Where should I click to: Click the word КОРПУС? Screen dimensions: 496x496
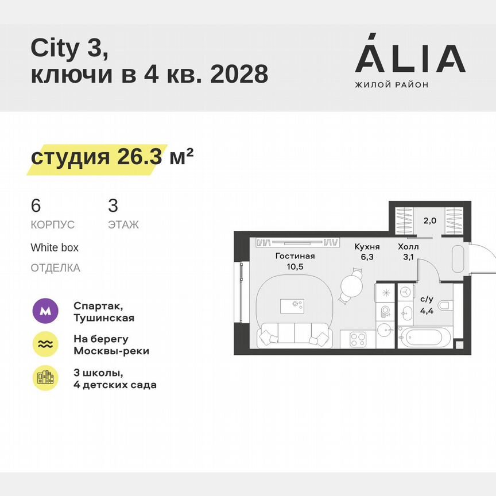click(x=53, y=225)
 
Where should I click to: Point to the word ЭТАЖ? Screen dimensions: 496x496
click(x=123, y=225)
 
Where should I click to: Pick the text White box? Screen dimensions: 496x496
click(x=55, y=248)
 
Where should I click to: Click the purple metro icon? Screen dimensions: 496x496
click(x=45, y=312)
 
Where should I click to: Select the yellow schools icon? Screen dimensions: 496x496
click(x=45, y=378)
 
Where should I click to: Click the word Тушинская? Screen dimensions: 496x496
click(x=104, y=317)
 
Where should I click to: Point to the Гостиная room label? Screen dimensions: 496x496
click(x=295, y=257)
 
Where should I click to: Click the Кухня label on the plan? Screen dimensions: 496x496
click(x=367, y=247)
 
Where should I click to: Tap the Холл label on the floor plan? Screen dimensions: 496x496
click(x=408, y=247)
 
